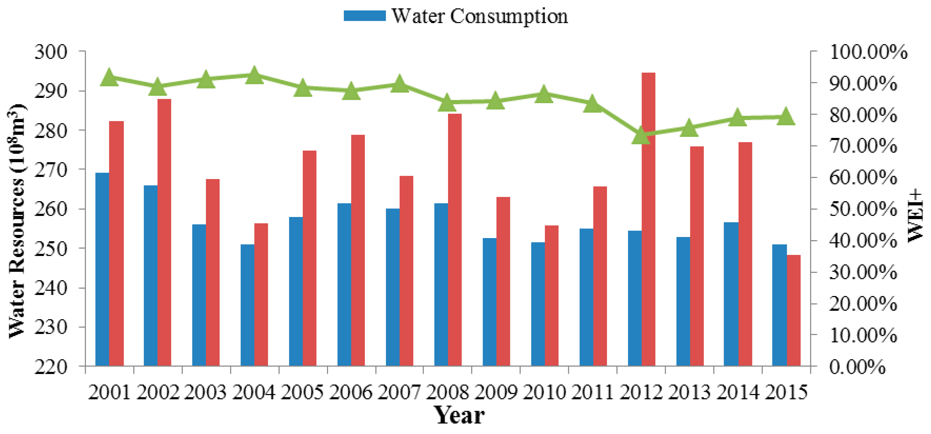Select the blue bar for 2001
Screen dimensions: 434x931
click(x=102, y=269)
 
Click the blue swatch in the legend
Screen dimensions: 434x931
click(x=364, y=16)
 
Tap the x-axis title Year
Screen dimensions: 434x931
click(x=459, y=416)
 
